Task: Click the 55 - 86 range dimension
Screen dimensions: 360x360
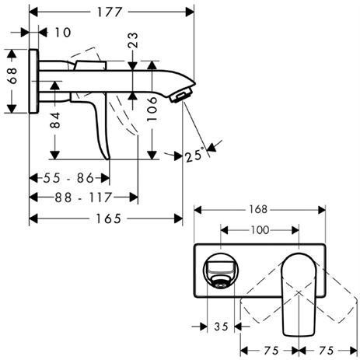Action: [69, 177]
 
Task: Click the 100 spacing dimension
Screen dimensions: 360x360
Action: [260, 230]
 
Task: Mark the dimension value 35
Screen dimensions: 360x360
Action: [221, 327]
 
